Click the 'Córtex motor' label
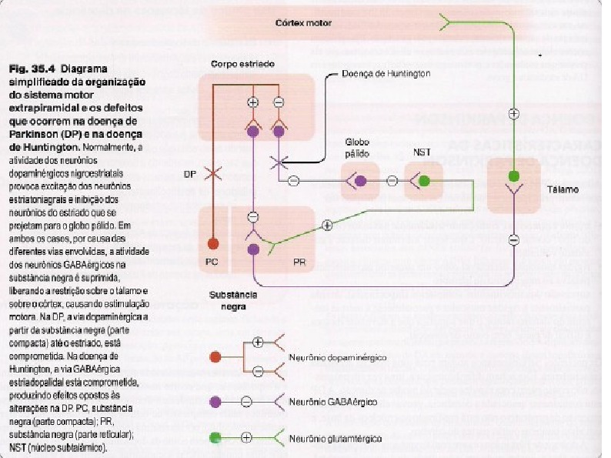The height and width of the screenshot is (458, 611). click(x=303, y=23)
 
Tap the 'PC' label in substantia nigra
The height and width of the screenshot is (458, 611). click(x=212, y=262)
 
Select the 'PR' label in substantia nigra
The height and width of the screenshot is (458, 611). click(x=300, y=262)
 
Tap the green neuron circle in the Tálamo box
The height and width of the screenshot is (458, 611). click(x=513, y=177)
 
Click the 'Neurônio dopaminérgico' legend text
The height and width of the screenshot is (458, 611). click(x=337, y=358)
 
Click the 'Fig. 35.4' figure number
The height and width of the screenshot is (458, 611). click(x=32, y=69)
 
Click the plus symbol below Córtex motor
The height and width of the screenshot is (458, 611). click(x=514, y=112)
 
